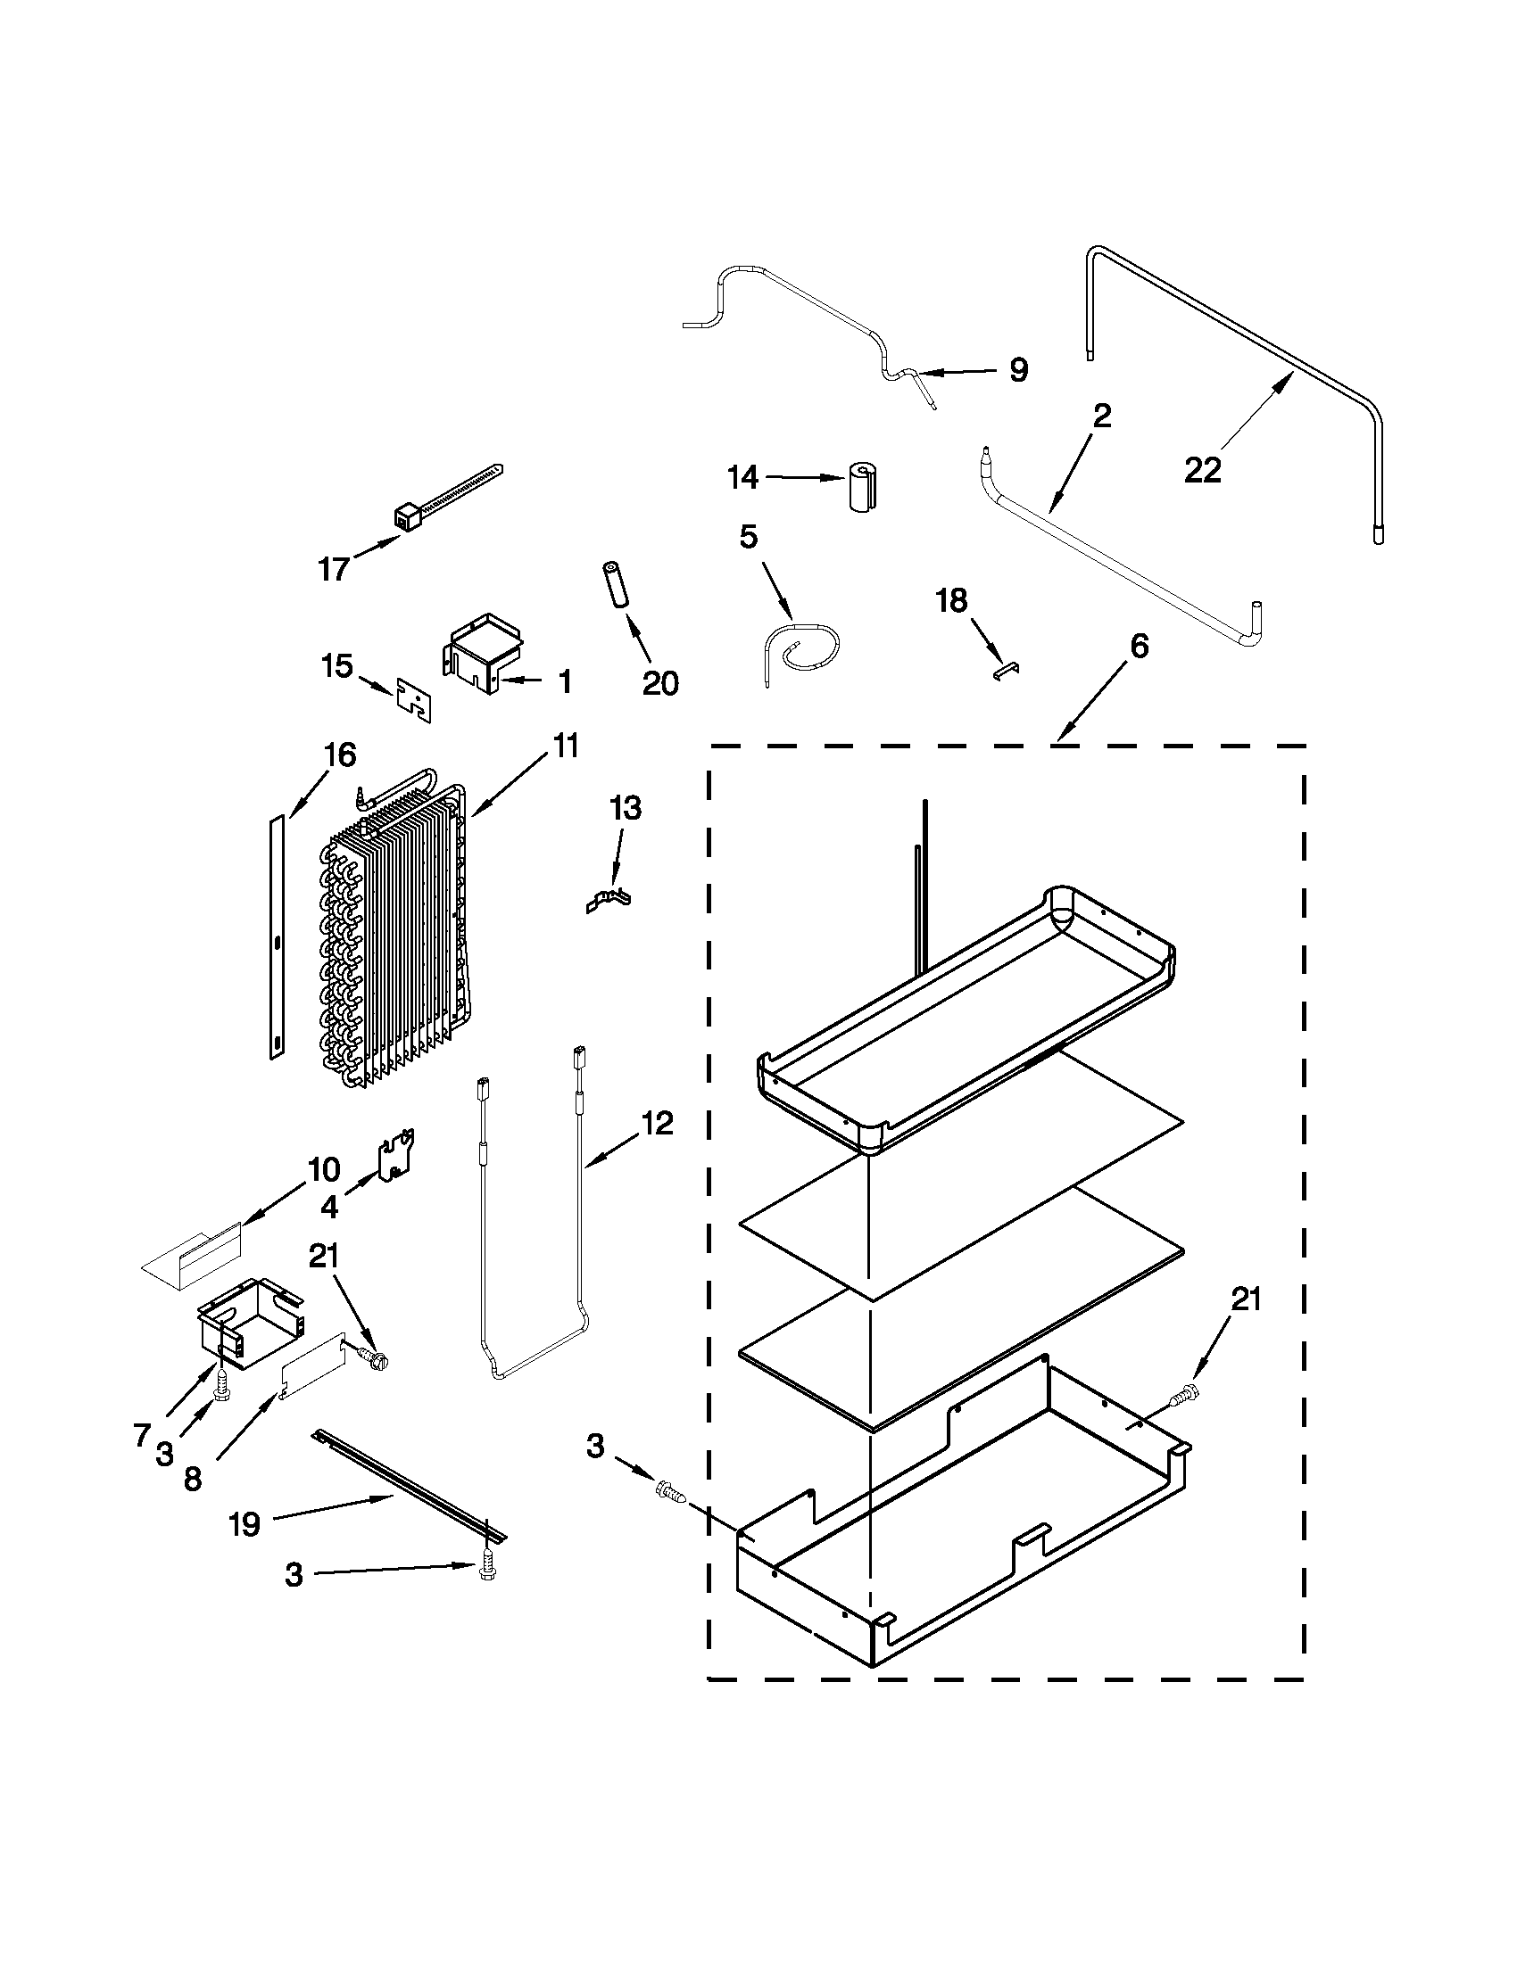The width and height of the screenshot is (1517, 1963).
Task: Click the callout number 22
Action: (1202, 469)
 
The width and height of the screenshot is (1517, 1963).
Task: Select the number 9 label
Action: (1018, 369)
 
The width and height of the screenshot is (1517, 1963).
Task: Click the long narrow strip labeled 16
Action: (276, 935)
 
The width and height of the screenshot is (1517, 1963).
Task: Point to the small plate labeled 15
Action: (414, 701)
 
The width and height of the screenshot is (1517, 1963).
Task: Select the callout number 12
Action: (658, 1123)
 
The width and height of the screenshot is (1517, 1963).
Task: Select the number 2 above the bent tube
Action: (1101, 416)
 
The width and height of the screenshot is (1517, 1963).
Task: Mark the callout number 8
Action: (193, 1480)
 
